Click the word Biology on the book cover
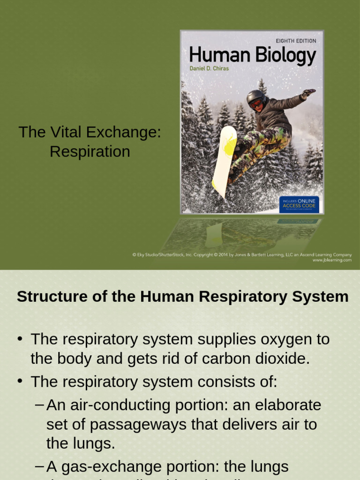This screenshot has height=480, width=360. (285, 56)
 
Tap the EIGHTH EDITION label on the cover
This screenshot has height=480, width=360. (296, 41)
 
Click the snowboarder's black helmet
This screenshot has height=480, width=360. (255, 97)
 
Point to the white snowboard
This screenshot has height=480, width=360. (224, 159)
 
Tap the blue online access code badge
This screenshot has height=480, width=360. (299, 205)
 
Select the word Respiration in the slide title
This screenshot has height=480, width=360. (90, 152)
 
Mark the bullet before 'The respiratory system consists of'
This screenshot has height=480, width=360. (20, 381)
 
